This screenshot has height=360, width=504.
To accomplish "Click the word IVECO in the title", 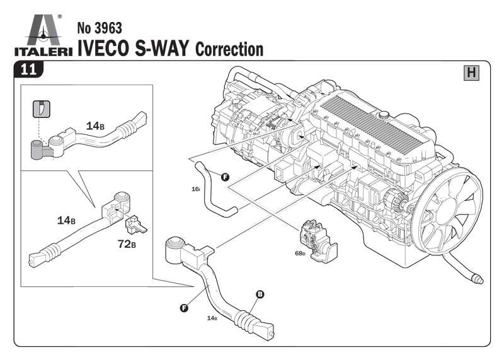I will point(103,48).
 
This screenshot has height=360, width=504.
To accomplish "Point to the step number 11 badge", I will point(28,69).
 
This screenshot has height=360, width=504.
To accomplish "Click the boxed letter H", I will point(471,73).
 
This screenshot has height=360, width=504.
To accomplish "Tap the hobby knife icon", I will point(41,109).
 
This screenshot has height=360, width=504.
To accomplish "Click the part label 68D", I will point(300,253).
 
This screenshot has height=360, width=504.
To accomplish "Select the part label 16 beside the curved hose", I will point(196,189).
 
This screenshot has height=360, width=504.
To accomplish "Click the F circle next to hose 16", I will point(224,177).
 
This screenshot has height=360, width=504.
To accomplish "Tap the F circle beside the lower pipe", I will point(184,308).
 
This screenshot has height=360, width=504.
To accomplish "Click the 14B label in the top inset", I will point(94,125).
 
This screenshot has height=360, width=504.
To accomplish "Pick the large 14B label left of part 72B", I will point(66,220).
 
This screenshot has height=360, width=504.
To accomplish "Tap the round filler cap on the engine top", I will point(382,116).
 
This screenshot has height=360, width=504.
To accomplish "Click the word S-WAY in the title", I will point(161,48).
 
